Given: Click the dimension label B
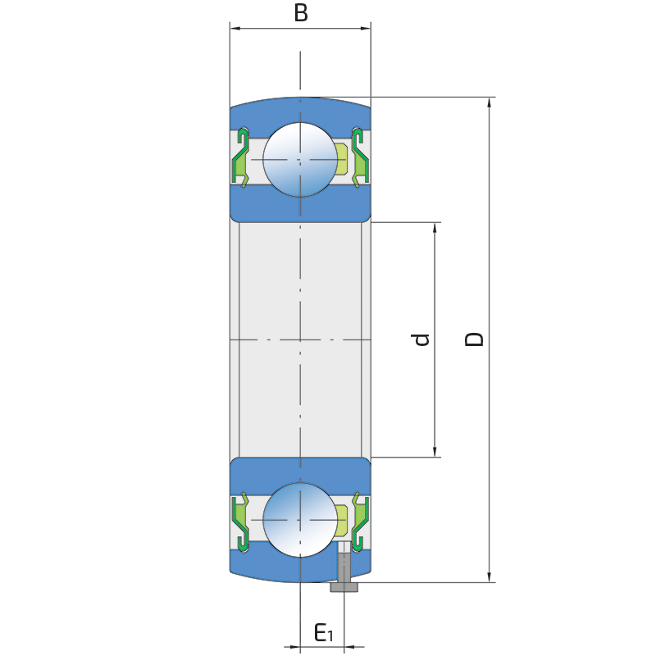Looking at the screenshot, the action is pos(301,12).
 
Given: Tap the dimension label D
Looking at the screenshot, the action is pos(475,339).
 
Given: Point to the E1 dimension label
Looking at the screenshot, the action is pos(323,632).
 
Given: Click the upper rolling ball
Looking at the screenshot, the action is pos(300,159).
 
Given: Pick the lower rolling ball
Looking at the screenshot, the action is pos(300,520).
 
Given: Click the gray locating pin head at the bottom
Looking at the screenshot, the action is pos(344,586).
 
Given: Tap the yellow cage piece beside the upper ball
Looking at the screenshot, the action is pos(341,159).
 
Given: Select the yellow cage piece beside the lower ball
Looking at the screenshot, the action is pos(341,520).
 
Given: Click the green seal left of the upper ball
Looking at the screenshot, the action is pos(239,157).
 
